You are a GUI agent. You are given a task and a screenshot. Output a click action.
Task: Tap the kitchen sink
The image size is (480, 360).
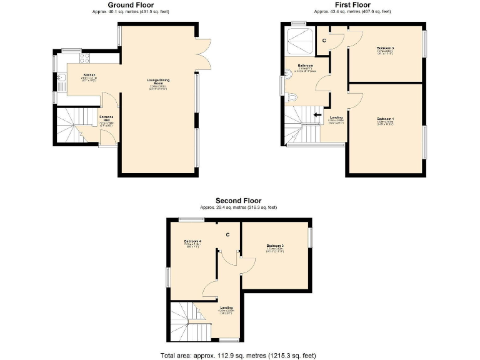coord(64,79)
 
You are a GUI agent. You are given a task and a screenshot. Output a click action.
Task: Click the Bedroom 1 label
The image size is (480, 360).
coord(385,118)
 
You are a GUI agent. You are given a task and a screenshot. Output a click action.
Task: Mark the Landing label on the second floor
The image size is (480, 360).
coord(226,307)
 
